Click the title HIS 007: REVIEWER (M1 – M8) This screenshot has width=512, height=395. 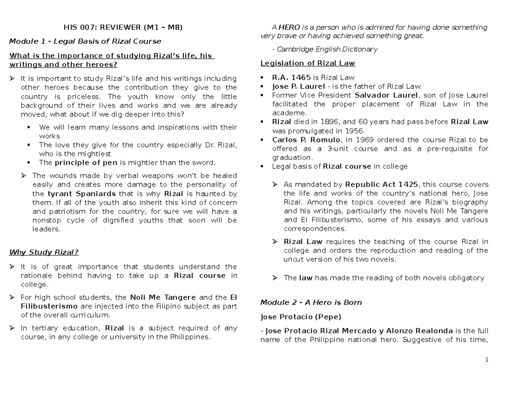tap(123, 28)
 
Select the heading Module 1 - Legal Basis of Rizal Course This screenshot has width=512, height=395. tap(85, 41)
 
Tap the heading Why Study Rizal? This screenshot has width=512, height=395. tap(44, 252)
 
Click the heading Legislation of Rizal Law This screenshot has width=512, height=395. tap(308, 63)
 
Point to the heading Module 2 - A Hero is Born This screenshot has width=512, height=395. tap(311, 303)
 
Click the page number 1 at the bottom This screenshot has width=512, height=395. tap(486, 360)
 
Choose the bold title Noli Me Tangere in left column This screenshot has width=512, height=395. tap(163, 297)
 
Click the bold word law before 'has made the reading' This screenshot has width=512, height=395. tap(305, 278)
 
